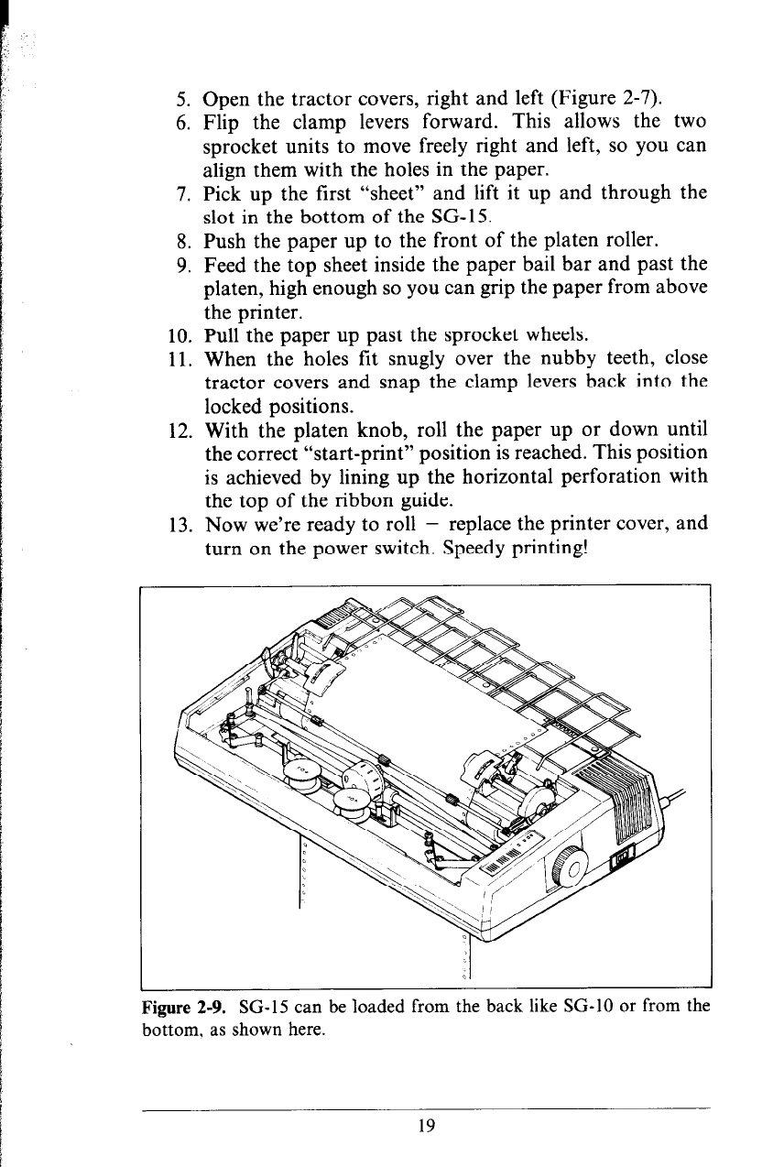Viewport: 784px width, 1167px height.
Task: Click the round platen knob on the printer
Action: click(570, 865)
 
